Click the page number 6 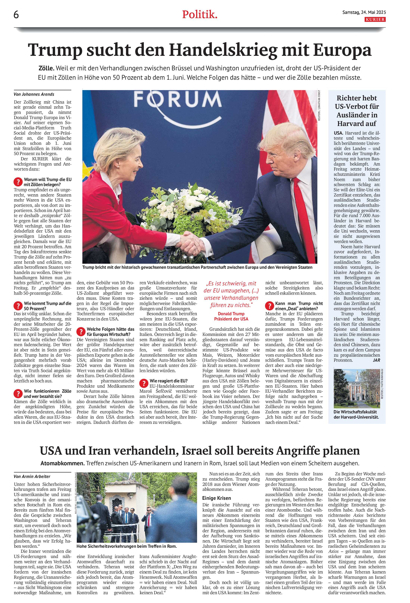16,15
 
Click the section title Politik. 199,15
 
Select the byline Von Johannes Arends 34,94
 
